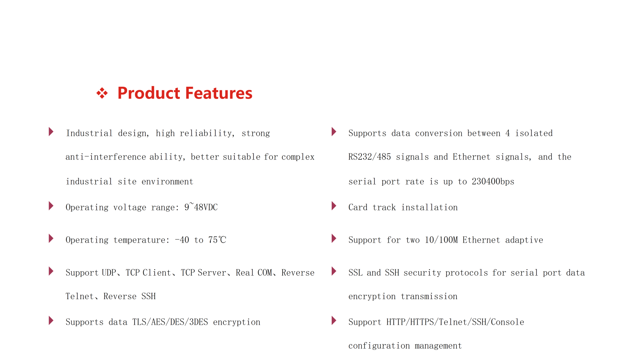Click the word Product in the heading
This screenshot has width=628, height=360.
pos(149,93)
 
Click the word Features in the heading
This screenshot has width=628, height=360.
pos(219,93)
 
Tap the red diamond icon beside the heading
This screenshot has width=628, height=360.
pos(102,93)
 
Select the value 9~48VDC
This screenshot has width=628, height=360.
pos(201,207)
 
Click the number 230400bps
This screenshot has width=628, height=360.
pos(493,182)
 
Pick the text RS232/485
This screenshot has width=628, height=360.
pos(369,157)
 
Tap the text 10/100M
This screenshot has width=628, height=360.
pos(441,240)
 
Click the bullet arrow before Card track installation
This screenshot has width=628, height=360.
pos(334,206)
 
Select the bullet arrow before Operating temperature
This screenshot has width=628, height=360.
pos(51,239)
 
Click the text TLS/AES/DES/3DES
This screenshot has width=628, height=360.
pos(170,322)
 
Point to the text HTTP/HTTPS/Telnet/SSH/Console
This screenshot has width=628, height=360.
pos(455,322)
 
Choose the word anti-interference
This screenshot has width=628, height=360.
pos(106,157)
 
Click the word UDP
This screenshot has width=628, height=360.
pos(109,273)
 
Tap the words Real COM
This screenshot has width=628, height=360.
pos(254,273)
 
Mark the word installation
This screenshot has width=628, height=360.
pos(429,207)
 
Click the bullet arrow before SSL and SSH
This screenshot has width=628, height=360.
pos(334,271)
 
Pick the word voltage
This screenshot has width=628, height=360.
pos(130,207)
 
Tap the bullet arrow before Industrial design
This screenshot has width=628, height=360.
pos(51,132)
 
